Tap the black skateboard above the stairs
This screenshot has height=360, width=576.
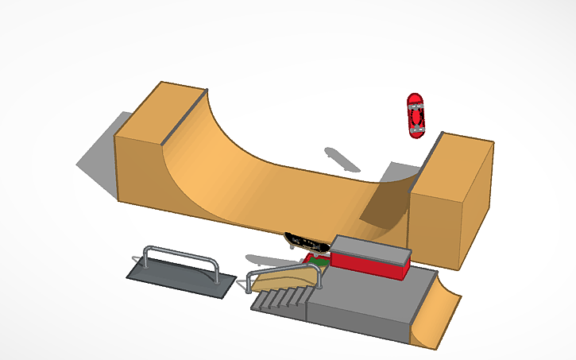tap(303, 239)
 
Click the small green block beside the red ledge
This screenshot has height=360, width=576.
tap(319, 260)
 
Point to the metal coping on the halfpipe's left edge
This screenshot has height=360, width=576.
tap(184, 118)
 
